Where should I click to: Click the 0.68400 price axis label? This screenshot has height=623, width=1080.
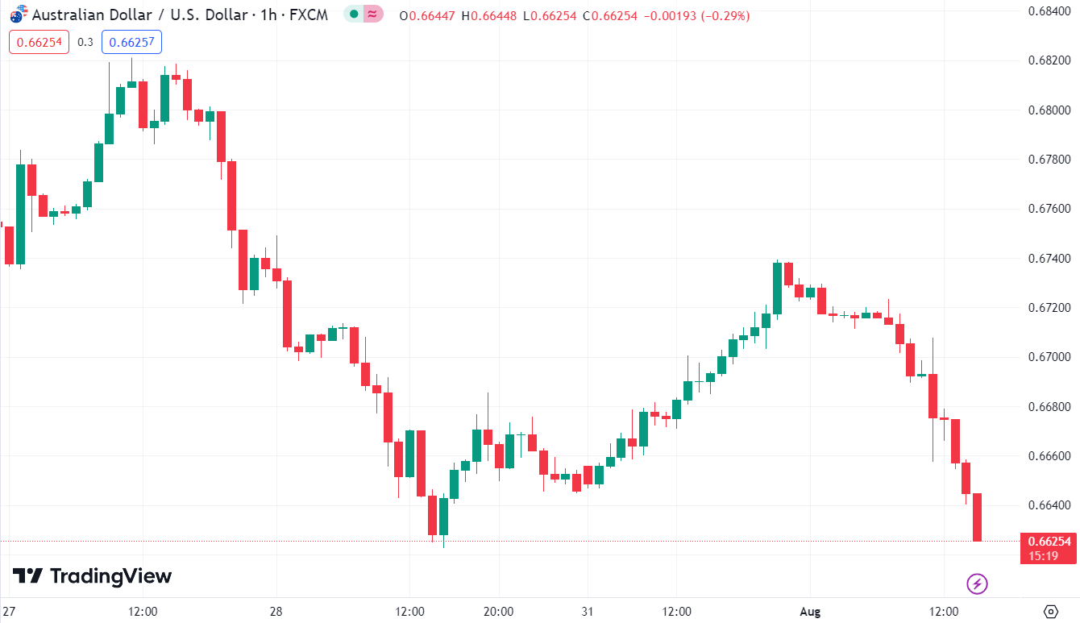click(x=1050, y=10)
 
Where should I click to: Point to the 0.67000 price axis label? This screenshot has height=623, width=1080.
click(x=1050, y=357)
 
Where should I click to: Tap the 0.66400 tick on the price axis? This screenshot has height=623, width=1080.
click(x=1050, y=505)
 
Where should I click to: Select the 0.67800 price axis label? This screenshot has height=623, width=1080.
click(x=1050, y=160)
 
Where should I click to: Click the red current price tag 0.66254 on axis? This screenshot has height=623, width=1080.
click(x=1048, y=542)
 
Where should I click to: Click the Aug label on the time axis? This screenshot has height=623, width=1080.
click(x=810, y=612)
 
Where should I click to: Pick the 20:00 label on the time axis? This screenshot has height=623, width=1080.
click(x=499, y=612)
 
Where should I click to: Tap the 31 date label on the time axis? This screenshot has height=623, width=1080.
click(x=587, y=612)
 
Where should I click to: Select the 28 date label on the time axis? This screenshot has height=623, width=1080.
click(x=276, y=612)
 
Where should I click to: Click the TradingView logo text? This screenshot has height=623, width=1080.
click(x=110, y=576)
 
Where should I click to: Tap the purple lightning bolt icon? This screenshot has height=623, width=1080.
click(x=977, y=583)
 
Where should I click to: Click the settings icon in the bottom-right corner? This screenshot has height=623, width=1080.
click(x=1050, y=611)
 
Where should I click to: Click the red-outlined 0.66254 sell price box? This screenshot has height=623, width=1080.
click(x=39, y=42)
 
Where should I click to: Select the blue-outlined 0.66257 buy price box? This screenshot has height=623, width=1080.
click(x=131, y=42)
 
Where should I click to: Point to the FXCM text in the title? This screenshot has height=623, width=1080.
click(x=309, y=15)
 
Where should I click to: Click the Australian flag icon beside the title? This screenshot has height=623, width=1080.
click(x=17, y=15)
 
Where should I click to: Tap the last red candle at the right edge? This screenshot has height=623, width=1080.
click(x=978, y=517)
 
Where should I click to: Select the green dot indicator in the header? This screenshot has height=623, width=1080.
click(x=354, y=14)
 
